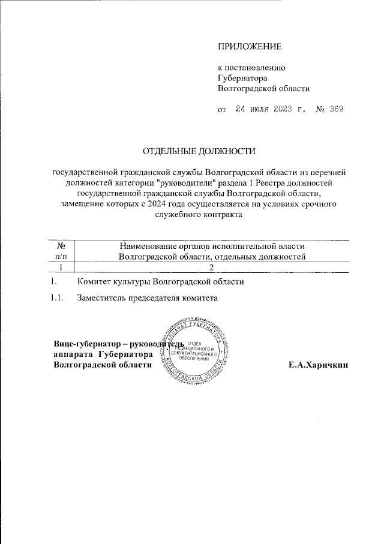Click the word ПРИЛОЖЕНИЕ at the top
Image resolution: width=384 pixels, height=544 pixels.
click(x=249, y=46)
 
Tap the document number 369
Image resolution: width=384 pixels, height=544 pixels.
click(x=335, y=110)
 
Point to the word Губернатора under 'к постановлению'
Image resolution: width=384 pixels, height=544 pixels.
click(x=242, y=78)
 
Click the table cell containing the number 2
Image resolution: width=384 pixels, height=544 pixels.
click(x=212, y=268)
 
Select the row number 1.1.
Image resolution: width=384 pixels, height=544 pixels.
click(x=56, y=298)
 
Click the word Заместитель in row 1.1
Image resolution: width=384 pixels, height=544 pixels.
click(x=99, y=298)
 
